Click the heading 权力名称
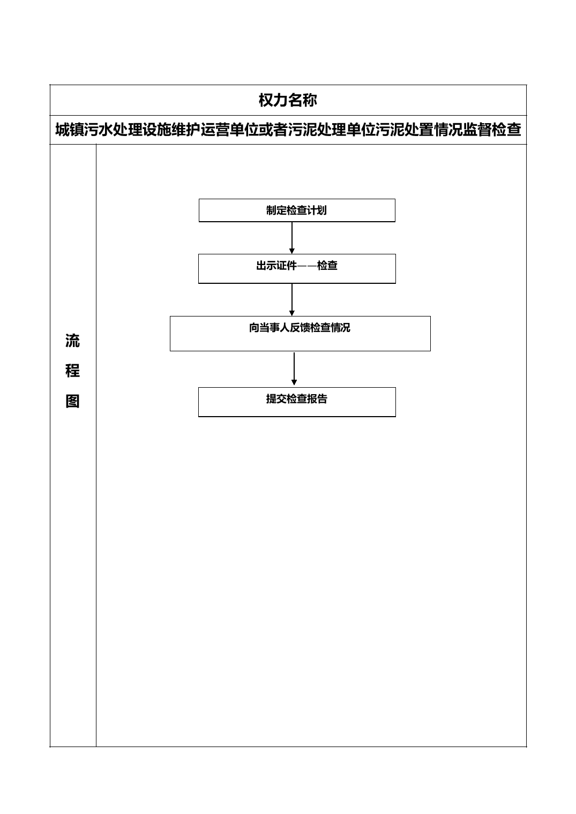tap(288, 100)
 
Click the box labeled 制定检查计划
tap(297, 210)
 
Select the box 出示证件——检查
tap(297, 268)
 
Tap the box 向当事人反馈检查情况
tap(300, 334)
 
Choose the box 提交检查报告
tap(297, 402)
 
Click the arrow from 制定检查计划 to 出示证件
tap(291, 238)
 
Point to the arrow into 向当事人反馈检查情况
tap(291, 300)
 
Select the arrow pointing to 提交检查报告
tap(294, 368)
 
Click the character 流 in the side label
tap(72, 341)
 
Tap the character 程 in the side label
tap(72, 371)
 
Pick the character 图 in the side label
tap(72, 401)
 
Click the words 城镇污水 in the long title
tap(84, 130)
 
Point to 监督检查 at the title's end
tap(492, 130)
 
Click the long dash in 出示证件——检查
tap(307, 266)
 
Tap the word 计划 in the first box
tap(316, 210)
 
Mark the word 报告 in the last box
tap(317, 399)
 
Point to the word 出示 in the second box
tap(266, 266)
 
